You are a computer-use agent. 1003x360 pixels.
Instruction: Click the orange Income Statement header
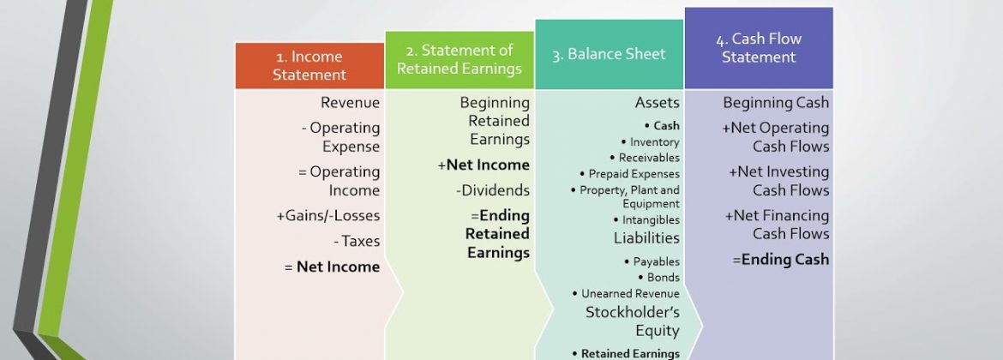point(309,66)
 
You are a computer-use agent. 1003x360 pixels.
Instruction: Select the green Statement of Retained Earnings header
point(459,59)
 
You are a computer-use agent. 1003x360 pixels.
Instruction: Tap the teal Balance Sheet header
point(609,54)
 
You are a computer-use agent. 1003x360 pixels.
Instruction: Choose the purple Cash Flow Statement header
point(759,48)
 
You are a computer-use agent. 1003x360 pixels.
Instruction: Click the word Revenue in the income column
point(350,102)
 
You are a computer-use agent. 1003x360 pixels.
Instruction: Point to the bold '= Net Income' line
point(332,267)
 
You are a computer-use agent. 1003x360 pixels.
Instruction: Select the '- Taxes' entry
point(357,241)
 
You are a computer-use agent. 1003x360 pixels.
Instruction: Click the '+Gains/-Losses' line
point(328,216)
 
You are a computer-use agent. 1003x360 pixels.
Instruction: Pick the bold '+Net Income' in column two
point(483,165)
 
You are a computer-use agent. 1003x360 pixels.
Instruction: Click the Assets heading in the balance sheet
point(657,102)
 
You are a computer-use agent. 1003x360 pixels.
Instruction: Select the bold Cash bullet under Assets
point(662,126)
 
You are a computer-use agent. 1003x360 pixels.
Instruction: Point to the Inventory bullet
point(650,142)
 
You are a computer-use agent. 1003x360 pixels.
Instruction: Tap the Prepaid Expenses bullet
point(629,174)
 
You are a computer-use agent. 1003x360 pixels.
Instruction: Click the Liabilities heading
point(646,238)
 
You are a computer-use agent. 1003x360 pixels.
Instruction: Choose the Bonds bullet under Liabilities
point(659,278)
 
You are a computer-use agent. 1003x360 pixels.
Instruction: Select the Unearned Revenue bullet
point(626,293)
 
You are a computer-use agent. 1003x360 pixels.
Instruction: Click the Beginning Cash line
point(776,102)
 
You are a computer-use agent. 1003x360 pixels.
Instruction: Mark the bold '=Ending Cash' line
point(781,260)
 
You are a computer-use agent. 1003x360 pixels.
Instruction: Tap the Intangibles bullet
point(646,220)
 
